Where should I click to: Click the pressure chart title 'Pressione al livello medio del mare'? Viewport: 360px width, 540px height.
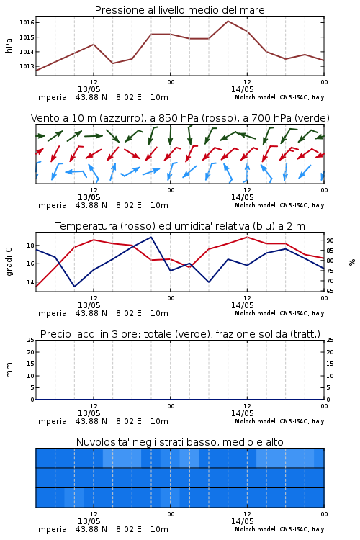pos(179,10)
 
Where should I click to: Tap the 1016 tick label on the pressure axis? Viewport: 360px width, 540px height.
pos(27,23)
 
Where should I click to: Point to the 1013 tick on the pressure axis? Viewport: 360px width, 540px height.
pos(27,66)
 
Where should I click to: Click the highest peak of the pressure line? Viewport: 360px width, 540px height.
pos(228,21)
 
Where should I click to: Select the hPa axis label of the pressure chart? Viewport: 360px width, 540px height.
pos(9,45)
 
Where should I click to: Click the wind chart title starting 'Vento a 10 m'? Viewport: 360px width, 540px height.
pos(180,118)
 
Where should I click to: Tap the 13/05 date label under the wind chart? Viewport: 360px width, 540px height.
pos(89,197)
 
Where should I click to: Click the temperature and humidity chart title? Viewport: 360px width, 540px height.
pos(180,226)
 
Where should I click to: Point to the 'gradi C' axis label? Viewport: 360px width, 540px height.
pos(9,262)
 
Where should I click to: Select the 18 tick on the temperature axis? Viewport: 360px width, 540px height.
pos(30,246)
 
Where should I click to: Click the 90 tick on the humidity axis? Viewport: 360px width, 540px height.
pos(330,240)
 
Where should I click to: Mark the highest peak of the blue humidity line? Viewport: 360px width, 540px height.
pos(151,237)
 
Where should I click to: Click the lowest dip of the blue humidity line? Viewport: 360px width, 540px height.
pos(74,287)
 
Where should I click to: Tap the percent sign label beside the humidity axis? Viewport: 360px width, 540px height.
pos(352,262)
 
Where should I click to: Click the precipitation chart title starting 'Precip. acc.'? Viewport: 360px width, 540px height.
pos(180,334)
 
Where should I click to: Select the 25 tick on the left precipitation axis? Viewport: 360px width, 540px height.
pos(31,340)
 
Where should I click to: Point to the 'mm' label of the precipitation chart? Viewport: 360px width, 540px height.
pos(9,370)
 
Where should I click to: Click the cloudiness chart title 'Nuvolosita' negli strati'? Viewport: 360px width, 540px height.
pos(179,442)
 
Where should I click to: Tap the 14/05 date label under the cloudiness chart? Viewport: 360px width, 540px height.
pos(242,521)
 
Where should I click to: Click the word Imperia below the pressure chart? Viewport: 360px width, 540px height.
pos(51,97)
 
